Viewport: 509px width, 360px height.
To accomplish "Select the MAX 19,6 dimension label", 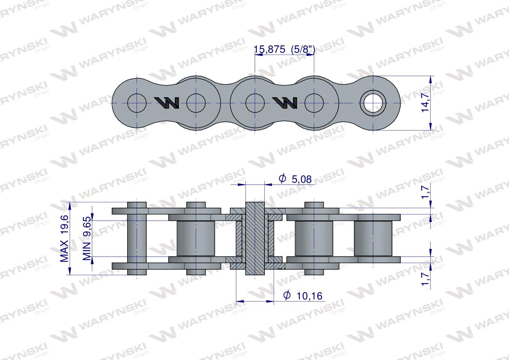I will pyautogui.click(x=65, y=238).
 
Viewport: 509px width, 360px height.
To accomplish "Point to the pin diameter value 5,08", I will pyautogui.click(x=301, y=179).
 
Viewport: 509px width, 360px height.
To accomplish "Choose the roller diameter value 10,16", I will pyautogui.click(x=309, y=296).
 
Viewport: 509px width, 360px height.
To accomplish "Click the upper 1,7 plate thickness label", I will pyautogui.click(x=425, y=191).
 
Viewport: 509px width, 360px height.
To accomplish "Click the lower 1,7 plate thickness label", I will pyautogui.click(x=425, y=279).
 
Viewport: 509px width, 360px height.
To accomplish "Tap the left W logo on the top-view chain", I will pyautogui.click(x=167, y=102).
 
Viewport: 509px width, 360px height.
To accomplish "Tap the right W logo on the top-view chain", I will pyautogui.click(x=285, y=102).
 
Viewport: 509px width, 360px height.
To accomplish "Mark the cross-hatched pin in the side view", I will pyautogui.click(x=255, y=238).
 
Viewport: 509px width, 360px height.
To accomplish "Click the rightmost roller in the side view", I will pyautogui.click(x=373, y=238).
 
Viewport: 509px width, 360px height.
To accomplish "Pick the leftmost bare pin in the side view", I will pyautogui.click(x=137, y=238).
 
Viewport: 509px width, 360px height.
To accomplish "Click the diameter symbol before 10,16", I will pyautogui.click(x=287, y=296).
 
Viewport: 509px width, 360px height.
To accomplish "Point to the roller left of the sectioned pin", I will pyautogui.click(x=196, y=238).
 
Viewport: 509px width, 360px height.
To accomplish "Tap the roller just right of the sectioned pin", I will pyautogui.click(x=314, y=238).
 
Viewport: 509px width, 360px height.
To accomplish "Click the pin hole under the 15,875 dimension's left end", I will pyautogui.click(x=255, y=103).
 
